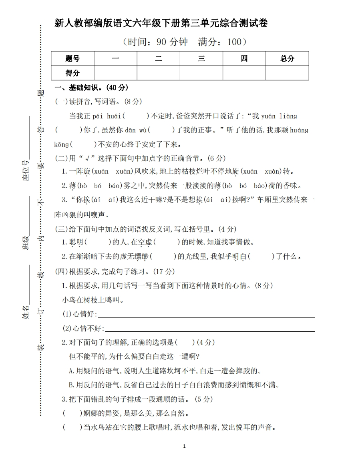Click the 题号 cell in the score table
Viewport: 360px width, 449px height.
pyautogui.click(x=72, y=58)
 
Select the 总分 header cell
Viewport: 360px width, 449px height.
pyautogui.click(x=287, y=58)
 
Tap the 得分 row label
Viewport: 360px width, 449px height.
pyautogui.click(x=72, y=73)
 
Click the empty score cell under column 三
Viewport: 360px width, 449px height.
pyautogui.click(x=201, y=73)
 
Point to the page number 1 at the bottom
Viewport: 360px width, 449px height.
pyautogui.click(x=184, y=446)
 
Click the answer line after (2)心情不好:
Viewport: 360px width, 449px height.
pyautogui.click(x=209, y=329)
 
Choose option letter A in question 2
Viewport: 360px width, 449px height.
pyautogui.click(x=72, y=371)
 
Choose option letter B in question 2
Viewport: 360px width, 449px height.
pyautogui.click(x=72, y=385)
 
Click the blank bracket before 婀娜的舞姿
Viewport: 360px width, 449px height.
pyautogui.click(x=69, y=413)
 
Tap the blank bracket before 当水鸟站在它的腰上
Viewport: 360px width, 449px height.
pyautogui.click(x=69, y=427)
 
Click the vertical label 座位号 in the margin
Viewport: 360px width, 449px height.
pyautogui.click(x=26, y=170)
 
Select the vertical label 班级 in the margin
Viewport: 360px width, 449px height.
pyautogui.click(x=26, y=243)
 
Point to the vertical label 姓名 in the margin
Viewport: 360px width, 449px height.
pyautogui.click(x=26, y=311)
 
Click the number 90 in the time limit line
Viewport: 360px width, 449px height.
pyautogui.click(x=162, y=42)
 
